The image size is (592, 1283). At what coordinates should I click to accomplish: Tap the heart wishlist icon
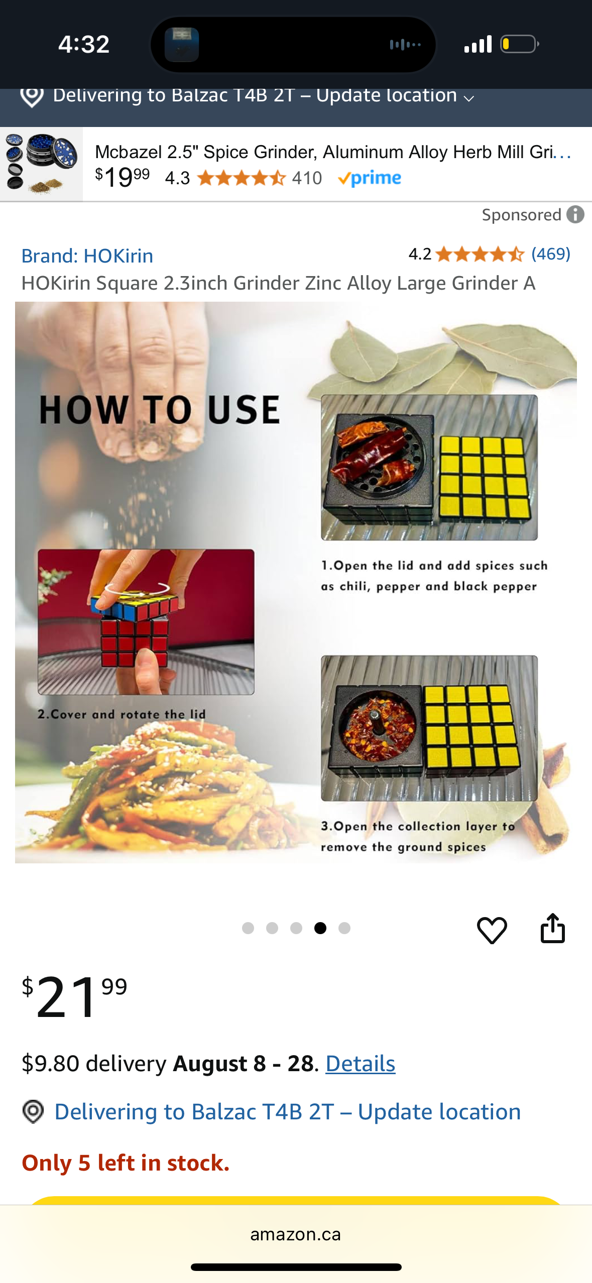click(x=492, y=930)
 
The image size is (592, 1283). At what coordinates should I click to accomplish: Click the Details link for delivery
click(x=361, y=1064)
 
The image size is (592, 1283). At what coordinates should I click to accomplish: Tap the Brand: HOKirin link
click(x=87, y=256)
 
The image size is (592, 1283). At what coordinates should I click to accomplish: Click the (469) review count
click(x=551, y=254)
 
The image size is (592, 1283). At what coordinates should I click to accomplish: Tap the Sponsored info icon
click(x=575, y=214)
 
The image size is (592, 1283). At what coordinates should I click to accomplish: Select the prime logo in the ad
click(x=370, y=178)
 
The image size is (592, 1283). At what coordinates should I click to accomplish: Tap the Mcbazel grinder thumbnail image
click(x=41, y=164)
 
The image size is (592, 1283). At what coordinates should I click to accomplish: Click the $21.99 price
click(x=74, y=996)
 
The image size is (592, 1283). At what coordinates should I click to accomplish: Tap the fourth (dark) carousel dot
click(x=320, y=928)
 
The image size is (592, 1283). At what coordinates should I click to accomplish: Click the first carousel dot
click(x=248, y=928)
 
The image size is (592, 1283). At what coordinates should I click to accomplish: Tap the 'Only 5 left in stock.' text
click(x=126, y=1163)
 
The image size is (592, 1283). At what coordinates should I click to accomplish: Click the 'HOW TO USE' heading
click(x=160, y=410)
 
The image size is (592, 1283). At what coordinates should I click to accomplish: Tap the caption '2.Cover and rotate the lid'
click(x=122, y=714)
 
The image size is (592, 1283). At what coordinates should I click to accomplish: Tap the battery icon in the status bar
click(x=520, y=44)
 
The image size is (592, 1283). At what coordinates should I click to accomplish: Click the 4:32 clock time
click(x=84, y=44)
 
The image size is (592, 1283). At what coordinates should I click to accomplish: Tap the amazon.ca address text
click(x=296, y=1234)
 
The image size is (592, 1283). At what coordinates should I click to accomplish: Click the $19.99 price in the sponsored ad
click(x=123, y=177)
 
